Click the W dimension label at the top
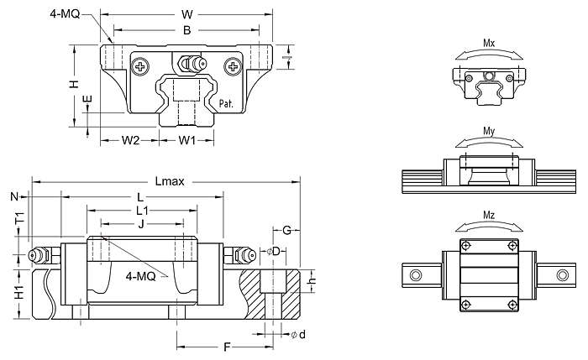[186, 13]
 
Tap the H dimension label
[74, 84]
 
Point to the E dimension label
[89, 101]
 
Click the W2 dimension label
[129, 139]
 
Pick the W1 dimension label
[186, 139]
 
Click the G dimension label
[286, 230]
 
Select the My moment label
[489, 131]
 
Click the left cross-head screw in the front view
[139, 63]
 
